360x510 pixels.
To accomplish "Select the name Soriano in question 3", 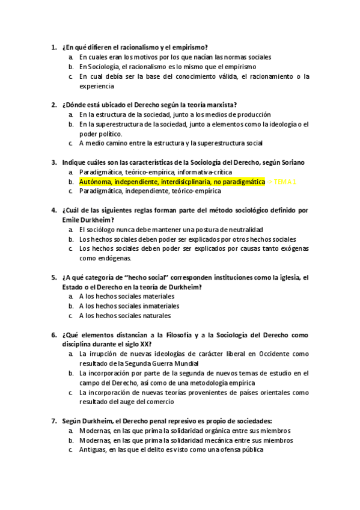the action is point(291,162).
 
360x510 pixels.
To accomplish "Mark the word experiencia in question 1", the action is point(96,86).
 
